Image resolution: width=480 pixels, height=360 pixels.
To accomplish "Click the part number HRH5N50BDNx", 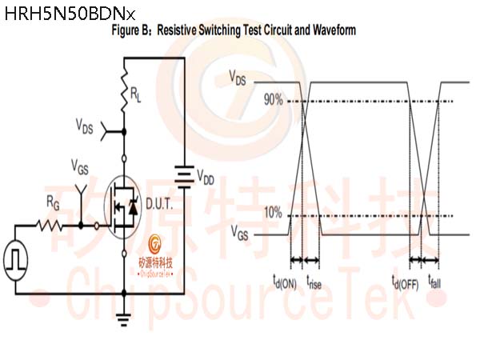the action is pos(70,14).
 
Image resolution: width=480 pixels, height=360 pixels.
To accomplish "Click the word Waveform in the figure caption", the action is pos(334,30).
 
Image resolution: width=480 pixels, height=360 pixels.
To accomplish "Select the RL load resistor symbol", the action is pos(124,90).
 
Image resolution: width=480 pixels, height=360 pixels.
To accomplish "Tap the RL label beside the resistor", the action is pos(136,94).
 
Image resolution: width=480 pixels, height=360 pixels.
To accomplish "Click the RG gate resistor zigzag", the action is pos(50,226).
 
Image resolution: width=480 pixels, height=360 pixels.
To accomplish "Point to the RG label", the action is pos(53,203).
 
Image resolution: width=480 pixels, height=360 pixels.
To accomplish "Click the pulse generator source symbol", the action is pos(16,261).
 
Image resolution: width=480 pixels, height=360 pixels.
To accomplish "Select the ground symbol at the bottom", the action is pos(124,319).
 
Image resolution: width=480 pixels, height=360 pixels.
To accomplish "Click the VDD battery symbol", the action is pos(184,177).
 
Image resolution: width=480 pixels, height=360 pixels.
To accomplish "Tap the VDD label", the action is pos(206,177).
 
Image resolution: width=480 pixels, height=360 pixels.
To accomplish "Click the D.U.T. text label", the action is pos(159,204).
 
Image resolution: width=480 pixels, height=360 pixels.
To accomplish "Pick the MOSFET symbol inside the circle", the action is pos(122,207).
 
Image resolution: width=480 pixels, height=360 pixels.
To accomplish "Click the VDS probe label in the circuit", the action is pos(85,126).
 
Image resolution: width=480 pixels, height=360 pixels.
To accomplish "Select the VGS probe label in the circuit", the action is pos(79,167).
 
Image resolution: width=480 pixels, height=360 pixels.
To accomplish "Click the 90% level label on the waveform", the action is pos(274,99).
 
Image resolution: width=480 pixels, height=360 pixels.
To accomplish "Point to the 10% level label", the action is pos(273,212).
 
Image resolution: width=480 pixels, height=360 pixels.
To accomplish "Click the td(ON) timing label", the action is pos(285,282).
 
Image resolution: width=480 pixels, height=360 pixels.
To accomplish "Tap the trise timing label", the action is pos(314,282).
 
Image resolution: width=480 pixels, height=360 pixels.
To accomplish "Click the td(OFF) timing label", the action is pos(406,282).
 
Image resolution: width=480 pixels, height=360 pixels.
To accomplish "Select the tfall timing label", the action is pos(434,282).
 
